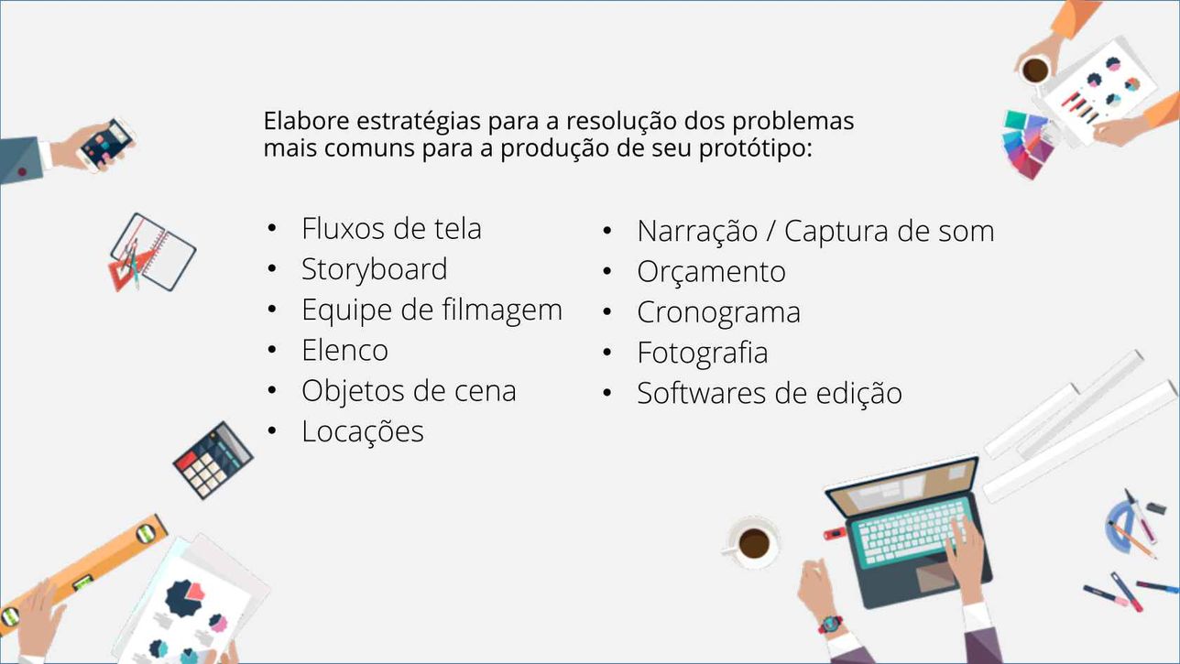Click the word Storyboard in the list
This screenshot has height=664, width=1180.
(374, 269)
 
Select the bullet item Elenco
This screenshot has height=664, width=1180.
(344, 350)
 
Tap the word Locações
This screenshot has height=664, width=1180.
(363, 432)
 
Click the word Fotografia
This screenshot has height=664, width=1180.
(702, 353)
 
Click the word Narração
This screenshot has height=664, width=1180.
(697, 232)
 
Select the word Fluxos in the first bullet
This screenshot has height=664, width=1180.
(344, 229)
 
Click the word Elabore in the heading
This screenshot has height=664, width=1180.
(306, 121)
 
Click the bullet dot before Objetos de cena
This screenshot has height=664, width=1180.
(272, 390)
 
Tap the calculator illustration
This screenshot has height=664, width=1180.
(213, 460)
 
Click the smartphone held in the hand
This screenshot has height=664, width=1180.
(107, 145)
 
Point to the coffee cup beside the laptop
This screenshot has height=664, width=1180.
(752, 542)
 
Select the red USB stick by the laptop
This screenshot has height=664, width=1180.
(835, 533)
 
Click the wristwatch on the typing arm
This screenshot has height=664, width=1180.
(830, 624)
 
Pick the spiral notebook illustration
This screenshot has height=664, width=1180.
(154, 252)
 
